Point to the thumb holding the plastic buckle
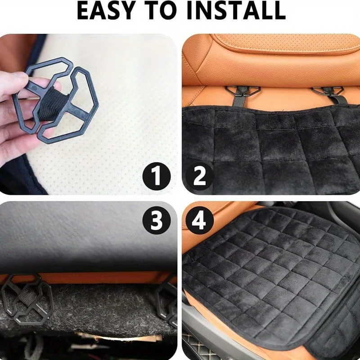tap(18, 81)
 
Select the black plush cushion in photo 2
tap(270, 148)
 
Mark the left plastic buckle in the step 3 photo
tap(27, 299)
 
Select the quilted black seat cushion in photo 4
tap(270, 270)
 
